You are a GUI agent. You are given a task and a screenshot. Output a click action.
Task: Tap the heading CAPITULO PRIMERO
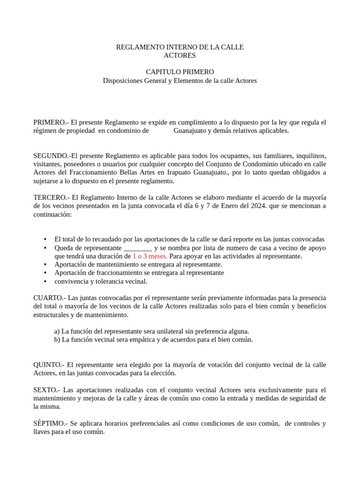[180, 72]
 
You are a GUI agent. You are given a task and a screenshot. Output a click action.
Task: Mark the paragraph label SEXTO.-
[47, 390]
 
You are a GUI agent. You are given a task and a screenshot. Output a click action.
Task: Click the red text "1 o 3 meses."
[150, 256]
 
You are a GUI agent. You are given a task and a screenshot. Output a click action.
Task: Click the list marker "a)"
[57, 331]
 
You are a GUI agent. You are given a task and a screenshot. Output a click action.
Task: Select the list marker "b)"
[57, 339]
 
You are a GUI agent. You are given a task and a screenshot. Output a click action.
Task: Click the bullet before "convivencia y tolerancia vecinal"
[45, 281]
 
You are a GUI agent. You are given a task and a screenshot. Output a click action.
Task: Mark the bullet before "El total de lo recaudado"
[45, 239]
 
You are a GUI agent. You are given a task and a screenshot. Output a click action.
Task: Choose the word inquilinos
[310, 155]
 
